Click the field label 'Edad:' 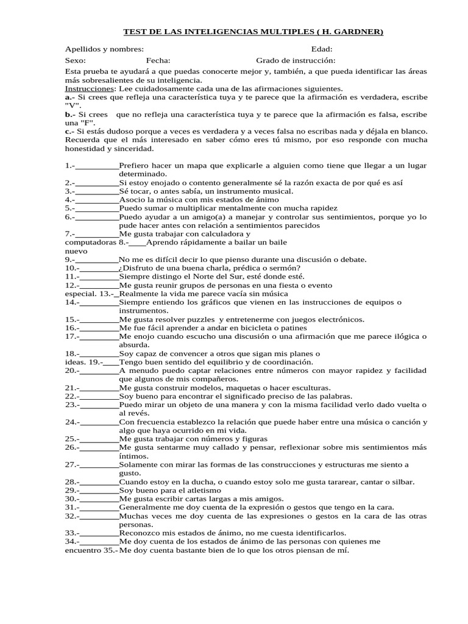point(321,49)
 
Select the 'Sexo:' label point(76,60)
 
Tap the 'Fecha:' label point(158,60)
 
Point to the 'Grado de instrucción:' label point(296,60)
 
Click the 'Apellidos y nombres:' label point(104,49)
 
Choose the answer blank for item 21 point(99,388)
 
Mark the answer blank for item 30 point(99,498)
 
